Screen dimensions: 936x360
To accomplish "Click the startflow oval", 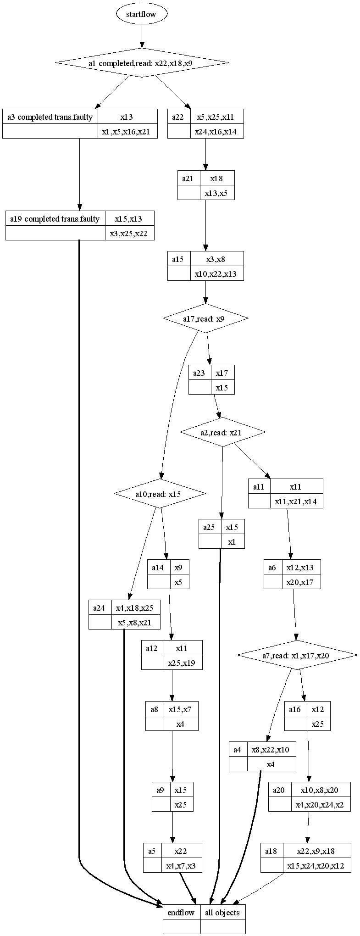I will point(142,14).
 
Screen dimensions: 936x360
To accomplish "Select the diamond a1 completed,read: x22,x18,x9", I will point(142,62).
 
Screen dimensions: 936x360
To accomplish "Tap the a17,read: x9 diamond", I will point(205,318).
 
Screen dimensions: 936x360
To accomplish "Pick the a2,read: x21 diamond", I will point(223,432).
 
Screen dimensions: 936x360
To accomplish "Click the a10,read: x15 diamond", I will point(159,494).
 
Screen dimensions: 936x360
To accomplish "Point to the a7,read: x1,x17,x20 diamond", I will point(297,655).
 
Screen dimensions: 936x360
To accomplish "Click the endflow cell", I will point(181,912).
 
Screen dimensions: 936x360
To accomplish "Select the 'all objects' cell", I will point(222,912).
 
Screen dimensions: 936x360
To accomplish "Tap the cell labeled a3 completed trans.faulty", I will point(50,117).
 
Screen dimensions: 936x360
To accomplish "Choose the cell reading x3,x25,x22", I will point(130,233).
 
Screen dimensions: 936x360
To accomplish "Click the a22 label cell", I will point(178,117).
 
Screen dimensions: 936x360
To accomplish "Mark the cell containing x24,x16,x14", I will point(217,132).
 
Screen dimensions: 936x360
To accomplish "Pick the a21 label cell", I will point(188,178).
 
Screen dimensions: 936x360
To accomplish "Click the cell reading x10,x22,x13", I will point(217,273).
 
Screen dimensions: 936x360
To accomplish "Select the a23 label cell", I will point(199,373).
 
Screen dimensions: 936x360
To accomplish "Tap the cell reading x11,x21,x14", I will point(296,501).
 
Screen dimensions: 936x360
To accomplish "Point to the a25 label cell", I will point(210,527).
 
